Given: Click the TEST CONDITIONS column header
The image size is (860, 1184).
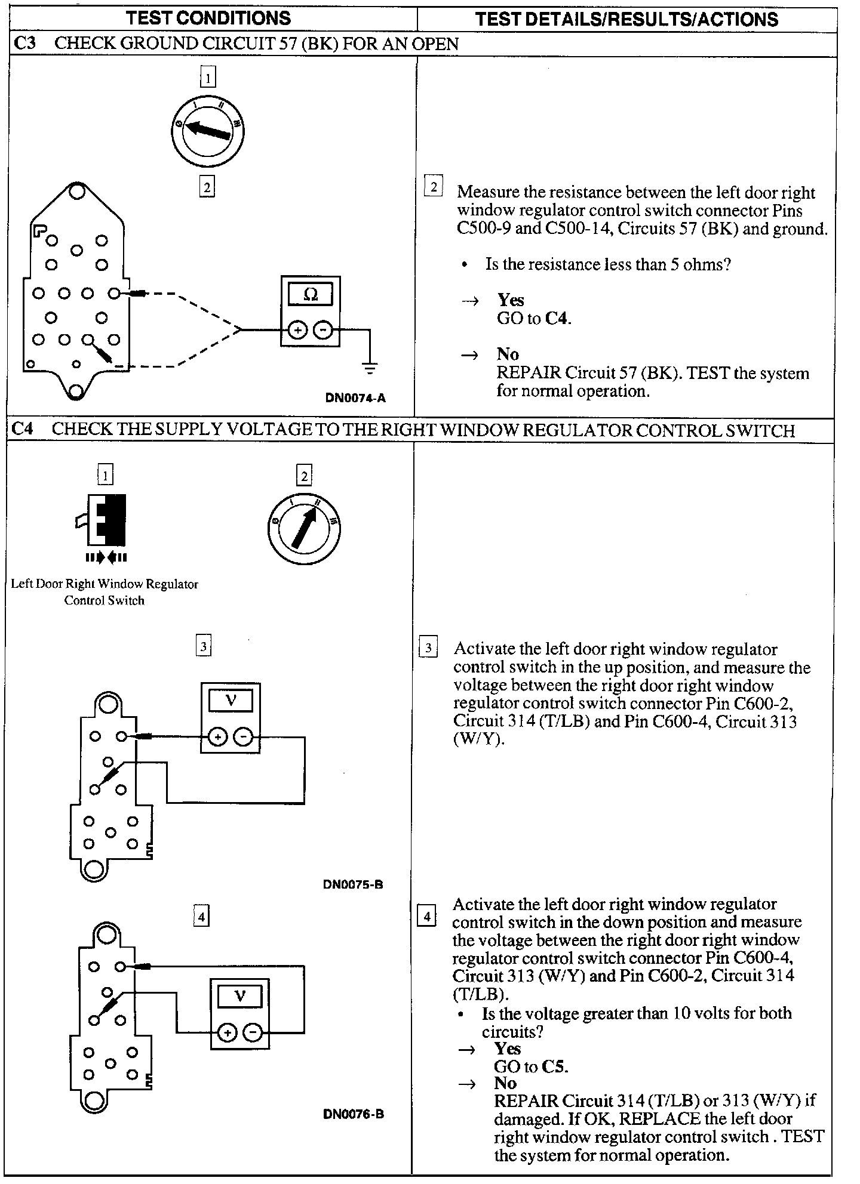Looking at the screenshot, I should pos(208,18).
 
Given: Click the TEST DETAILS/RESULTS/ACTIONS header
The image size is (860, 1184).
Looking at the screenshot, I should pos(626,19).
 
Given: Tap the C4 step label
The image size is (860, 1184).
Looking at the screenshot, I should pos(23,430).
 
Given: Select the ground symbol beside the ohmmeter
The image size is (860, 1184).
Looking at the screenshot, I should pos(370,368).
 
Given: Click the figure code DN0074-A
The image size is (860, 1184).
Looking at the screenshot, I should pos(356,398).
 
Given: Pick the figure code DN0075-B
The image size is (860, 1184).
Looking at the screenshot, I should pos(353,884).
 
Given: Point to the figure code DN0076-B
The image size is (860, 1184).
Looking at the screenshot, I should pos(354,1114).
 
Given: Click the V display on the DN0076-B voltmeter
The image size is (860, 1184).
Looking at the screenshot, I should pos(239,996).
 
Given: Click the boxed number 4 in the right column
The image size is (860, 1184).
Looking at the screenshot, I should pos(426,916).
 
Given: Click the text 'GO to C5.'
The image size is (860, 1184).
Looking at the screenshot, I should pos(530,1066).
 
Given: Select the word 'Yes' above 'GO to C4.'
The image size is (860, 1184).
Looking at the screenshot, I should pos(511,300).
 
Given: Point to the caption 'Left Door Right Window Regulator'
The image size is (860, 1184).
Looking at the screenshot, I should pos(105,584).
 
